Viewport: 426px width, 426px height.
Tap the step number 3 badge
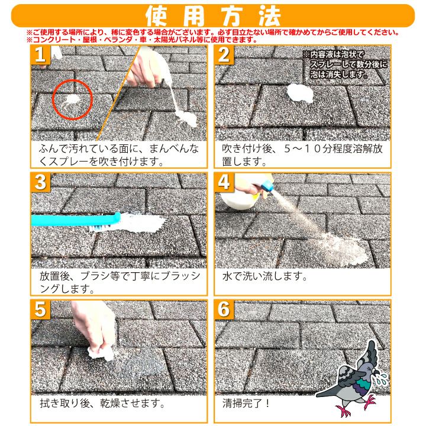click(40, 182)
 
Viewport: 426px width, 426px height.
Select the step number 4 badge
click(224, 182)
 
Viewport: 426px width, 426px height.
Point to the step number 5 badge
click(40, 309)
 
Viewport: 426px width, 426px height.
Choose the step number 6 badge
click(224, 309)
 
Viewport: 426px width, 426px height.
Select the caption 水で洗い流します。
click(264, 276)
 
